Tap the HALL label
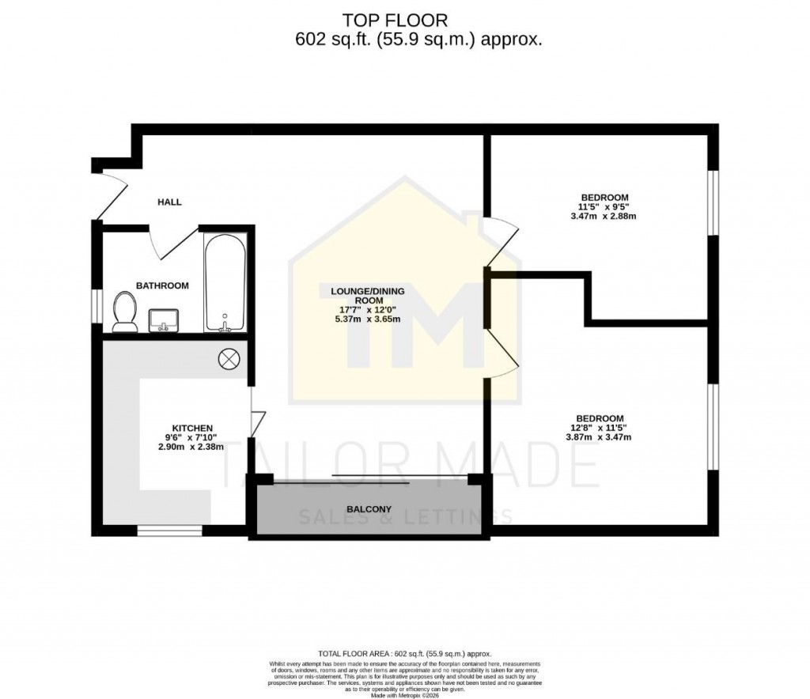click(x=169, y=202)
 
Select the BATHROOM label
click(x=162, y=285)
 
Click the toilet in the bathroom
click(x=123, y=312)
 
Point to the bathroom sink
click(x=165, y=319)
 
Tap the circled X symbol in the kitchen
click(x=228, y=359)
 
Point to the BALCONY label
click(x=369, y=509)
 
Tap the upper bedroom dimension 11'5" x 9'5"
click(x=605, y=206)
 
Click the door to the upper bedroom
click(x=502, y=241)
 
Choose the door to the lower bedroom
click(x=502, y=353)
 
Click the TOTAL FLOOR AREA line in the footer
click(x=404, y=654)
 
